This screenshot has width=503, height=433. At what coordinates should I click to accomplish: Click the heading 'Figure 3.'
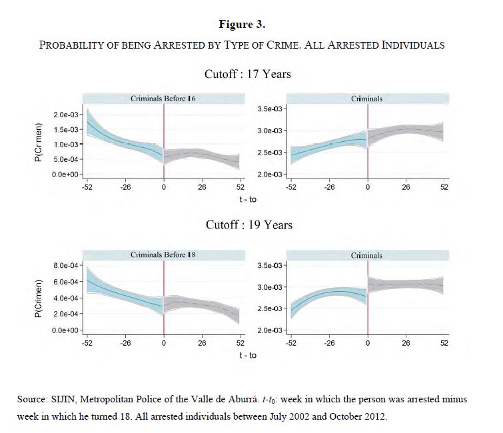pyautogui.click(x=242, y=25)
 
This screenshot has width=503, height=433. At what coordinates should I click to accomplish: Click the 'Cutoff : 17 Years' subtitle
pyautogui.click(x=248, y=73)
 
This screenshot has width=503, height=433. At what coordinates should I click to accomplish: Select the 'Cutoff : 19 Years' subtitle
pyautogui.click(x=249, y=224)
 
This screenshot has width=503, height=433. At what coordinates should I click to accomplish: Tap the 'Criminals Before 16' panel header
pyautogui.click(x=163, y=99)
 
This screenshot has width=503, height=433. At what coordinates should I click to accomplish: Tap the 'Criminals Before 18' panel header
pyautogui.click(x=163, y=255)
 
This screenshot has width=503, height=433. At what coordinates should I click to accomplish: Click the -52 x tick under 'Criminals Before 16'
pyautogui.click(x=87, y=188)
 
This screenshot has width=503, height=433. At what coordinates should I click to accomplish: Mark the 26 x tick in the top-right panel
pyautogui.click(x=406, y=188)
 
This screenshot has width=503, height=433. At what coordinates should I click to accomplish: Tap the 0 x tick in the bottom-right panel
pyautogui.click(x=367, y=344)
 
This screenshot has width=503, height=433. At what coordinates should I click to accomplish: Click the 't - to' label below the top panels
pyautogui.click(x=248, y=199)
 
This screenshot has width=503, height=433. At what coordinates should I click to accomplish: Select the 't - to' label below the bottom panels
pyautogui.click(x=248, y=355)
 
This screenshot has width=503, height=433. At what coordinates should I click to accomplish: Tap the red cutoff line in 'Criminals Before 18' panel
pyautogui.click(x=164, y=300)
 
